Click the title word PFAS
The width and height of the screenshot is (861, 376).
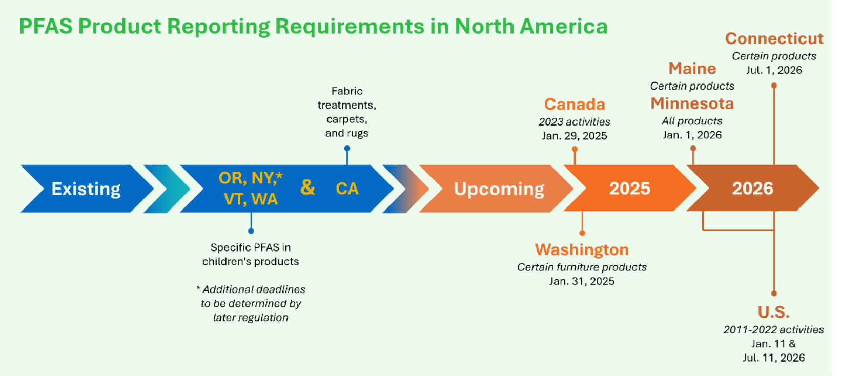point(46,26)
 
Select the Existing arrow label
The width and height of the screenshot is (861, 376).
point(86,189)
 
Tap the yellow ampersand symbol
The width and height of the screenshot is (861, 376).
point(307,187)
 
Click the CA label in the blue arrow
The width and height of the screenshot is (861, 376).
point(347,189)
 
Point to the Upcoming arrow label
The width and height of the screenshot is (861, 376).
point(499,189)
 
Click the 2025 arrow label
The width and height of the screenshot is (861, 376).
point(629,189)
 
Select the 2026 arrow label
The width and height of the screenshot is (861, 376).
point(752,189)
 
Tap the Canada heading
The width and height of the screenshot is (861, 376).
point(575,105)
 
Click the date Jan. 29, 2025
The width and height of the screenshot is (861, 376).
point(575,136)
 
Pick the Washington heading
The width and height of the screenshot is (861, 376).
point(582,249)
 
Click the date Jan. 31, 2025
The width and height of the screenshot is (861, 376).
point(582,281)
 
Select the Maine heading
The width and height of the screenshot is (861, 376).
point(692,69)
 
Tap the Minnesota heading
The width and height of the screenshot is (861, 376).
point(692,103)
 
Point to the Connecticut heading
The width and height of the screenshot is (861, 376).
point(774,39)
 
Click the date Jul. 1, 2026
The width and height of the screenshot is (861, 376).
point(774,70)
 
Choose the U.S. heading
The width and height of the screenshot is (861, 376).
point(774,312)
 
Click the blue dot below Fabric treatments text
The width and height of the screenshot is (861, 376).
point(347,149)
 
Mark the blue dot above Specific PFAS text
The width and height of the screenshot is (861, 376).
point(251,231)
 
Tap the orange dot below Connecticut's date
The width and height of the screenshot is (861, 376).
point(774,86)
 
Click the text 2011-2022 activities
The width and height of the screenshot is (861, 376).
point(773,330)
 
